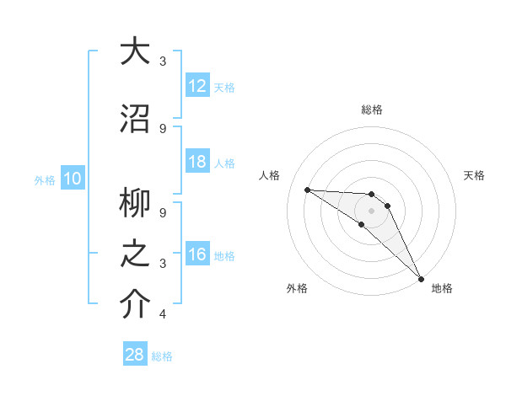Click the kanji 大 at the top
136,51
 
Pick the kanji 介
136,304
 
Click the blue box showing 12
196,86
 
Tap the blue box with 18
196,162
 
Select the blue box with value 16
196,254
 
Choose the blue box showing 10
72,179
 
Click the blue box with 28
134,355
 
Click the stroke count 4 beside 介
163,314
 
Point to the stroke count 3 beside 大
163,61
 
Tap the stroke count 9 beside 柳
163,213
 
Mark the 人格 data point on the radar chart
307,190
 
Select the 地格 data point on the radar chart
420,278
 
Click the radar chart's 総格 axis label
372,110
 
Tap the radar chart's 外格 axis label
297,288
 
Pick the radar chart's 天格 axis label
474,175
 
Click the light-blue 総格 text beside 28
162,356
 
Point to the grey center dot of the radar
371,211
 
